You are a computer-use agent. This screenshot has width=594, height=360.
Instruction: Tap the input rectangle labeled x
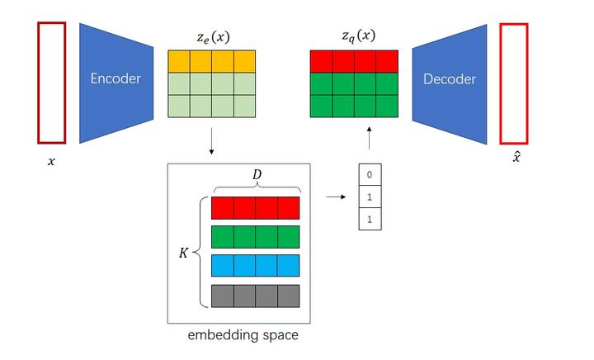51,82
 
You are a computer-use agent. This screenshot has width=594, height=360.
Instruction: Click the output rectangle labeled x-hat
514,82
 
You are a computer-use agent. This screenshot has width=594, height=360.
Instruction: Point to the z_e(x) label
212,36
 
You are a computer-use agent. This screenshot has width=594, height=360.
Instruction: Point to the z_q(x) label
357,36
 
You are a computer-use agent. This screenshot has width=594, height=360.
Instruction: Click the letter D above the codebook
256,175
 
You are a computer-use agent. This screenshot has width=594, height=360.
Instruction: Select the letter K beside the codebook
184,253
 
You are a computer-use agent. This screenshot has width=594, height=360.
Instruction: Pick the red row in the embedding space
256,207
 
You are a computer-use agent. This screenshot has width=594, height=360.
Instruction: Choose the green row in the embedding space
256,236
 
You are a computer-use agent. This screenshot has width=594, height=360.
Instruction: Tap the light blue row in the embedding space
256,265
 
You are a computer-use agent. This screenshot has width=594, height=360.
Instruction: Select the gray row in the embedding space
256,295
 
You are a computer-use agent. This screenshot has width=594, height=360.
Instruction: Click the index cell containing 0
370,175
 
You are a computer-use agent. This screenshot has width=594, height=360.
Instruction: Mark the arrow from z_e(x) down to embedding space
212,141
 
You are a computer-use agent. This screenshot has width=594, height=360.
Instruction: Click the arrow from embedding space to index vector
336,197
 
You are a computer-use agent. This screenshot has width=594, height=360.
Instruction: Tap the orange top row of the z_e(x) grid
212,61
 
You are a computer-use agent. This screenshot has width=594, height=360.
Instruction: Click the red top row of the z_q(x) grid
354,61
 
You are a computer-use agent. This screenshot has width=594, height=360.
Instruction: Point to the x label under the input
51,162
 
